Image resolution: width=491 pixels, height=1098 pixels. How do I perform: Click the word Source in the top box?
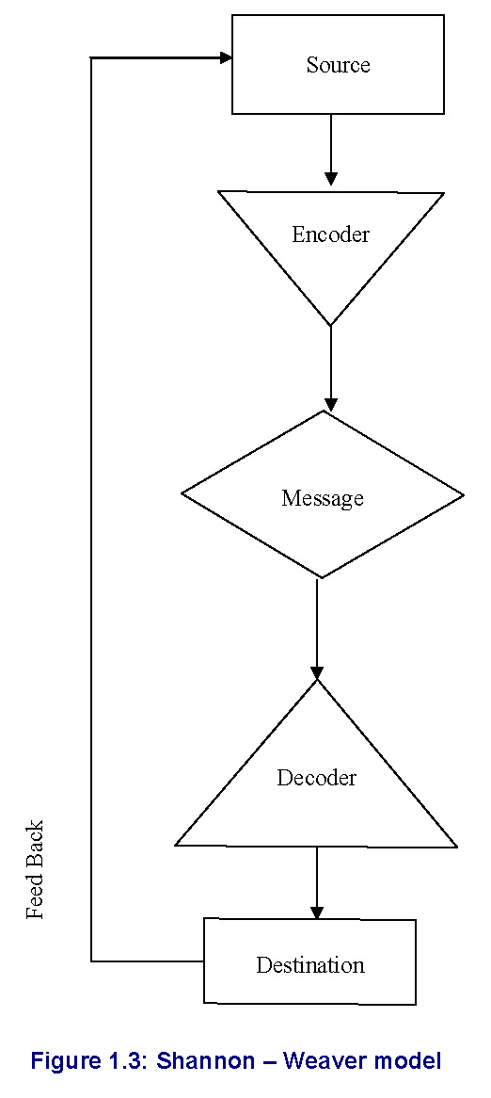(x=338, y=64)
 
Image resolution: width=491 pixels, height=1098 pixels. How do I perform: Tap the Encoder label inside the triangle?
(x=330, y=234)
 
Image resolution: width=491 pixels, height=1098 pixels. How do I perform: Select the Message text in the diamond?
(x=323, y=498)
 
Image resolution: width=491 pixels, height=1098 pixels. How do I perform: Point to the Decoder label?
(x=317, y=777)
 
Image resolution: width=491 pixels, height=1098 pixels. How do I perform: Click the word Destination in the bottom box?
(x=309, y=965)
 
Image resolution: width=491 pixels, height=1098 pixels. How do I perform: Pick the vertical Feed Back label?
(x=35, y=869)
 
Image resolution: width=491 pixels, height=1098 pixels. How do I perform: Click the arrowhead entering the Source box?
(x=225, y=57)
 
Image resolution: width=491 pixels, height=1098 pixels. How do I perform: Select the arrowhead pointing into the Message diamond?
(x=331, y=404)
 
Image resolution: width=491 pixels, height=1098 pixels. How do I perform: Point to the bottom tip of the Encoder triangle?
(x=331, y=326)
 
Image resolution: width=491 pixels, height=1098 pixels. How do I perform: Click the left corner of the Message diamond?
(x=182, y=493)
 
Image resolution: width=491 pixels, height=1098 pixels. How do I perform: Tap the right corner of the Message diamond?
(x=463, y=495)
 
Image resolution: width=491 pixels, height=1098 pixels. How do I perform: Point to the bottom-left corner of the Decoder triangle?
(x=175, y=846)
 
